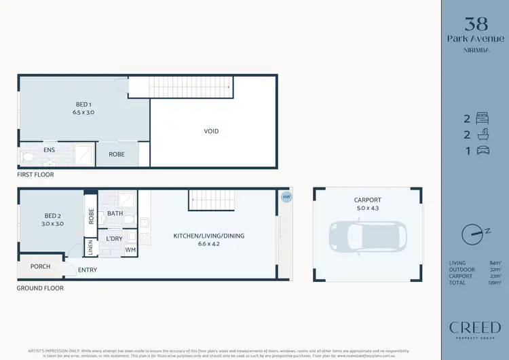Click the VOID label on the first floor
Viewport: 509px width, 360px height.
(211, 131)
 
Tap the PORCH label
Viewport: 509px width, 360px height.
(41, 266)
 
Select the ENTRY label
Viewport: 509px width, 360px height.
(87, 270)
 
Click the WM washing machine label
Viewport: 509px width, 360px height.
(130, 250)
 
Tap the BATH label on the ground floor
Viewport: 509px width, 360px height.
(115, 213)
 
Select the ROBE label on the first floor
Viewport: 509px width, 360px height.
(116, 154)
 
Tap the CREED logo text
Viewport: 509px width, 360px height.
(474, 328)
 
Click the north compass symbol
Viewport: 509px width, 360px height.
(472, 234)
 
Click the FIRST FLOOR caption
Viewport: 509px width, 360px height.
(36, 175)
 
